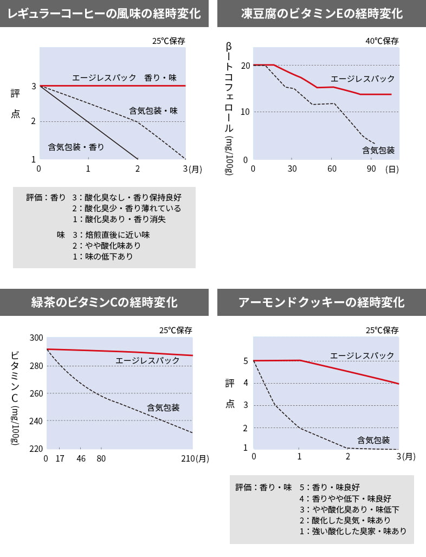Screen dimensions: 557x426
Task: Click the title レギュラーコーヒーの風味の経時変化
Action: (x=104, y=14)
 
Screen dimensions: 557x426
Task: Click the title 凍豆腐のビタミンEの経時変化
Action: (x=321, y=14)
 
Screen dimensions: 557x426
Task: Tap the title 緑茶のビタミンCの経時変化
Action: (x=104, y=302)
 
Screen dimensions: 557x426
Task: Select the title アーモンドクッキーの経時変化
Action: (x=321, y=302)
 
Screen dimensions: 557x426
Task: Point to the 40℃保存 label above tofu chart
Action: (x=382, y=41)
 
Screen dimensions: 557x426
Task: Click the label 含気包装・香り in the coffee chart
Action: (x=76, y=146)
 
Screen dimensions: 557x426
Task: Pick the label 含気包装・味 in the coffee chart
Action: (x=153, y=111)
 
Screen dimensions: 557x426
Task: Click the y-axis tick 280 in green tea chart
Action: (x=36, y=366)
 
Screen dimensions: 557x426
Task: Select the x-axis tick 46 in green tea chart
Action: (x=81, y=459)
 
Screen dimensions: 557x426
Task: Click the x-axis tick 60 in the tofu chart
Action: (x=332, y=169)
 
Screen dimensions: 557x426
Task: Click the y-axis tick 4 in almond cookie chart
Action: (x=246, y=383)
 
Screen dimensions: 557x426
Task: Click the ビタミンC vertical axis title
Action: (x=15, y=398)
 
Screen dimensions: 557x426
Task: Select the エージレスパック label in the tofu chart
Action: (x=363, y=79)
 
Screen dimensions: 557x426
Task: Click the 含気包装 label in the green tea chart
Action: (x=163, y=407)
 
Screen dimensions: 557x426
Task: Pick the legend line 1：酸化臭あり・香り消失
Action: (x=119, y=219)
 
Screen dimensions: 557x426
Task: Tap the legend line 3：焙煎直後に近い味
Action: (x=111, y=235)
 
